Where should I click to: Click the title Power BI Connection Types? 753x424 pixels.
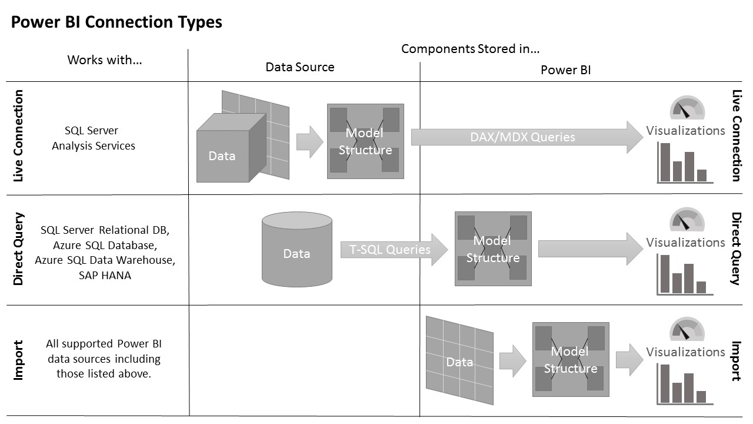click(116, 22)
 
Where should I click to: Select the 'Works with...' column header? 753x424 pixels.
click(105, 59)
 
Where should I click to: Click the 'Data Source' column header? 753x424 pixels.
click(299, 67)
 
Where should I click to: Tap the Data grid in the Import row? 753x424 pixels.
click(459, 360)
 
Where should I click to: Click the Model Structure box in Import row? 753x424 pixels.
click(570, 359)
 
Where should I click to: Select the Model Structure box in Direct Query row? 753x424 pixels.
click(493, 249)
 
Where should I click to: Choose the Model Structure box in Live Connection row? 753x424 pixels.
click(365, 141)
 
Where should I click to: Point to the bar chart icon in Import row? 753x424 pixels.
click(684, 384)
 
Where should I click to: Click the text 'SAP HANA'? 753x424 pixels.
click(105, 275)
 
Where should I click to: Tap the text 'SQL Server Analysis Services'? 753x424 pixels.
click(93, 138)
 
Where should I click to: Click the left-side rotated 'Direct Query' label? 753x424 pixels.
click(19, 249)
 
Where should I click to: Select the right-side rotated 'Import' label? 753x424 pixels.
click(736, 360)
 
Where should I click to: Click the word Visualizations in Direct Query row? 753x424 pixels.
click(685, 242)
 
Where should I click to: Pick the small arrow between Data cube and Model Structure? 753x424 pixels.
click(309, 142)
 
